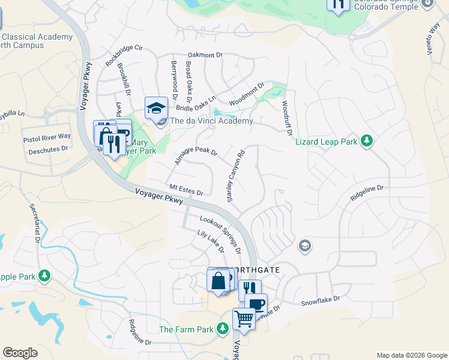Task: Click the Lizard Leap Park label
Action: (x=326, y=142)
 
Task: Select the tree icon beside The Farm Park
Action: (x=223, y=329)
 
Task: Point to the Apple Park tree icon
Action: (x=44, y=276)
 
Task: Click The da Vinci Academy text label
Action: (x=203, y=121)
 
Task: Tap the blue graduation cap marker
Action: (x=156, y=109)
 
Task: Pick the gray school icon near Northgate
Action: (x=305, y=245)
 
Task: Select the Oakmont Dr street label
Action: (x=205, y=55)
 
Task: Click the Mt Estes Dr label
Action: (x=186, y=190)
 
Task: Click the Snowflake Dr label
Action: (x=320, y=299)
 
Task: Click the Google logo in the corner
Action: (x=20, y=352)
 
